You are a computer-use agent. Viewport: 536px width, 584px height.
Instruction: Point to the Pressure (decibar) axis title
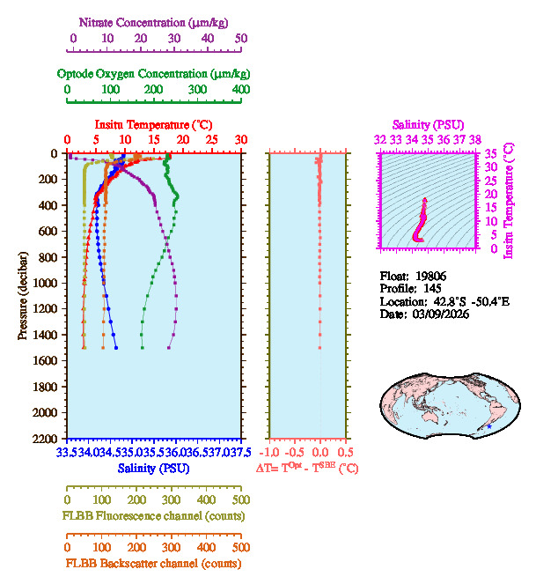(23, 295)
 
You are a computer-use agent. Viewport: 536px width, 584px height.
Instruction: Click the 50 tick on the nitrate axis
(241, 38)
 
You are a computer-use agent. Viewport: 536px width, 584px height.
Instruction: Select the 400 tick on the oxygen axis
(241, 89)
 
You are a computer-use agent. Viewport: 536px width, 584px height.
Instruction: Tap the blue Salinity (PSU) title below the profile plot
(153, 469)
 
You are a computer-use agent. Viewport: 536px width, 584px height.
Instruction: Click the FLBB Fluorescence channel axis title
(153, 515)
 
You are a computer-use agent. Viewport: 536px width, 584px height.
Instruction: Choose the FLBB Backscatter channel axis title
(153, 563)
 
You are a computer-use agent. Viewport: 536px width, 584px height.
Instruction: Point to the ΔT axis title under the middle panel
(307, 469)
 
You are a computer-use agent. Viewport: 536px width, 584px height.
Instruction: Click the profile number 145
(428, 288)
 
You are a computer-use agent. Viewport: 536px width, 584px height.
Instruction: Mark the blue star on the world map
(489, 427)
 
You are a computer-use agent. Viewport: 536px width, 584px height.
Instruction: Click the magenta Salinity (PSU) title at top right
(428, 125)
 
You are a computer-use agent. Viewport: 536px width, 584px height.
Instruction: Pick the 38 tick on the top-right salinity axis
(475, 139)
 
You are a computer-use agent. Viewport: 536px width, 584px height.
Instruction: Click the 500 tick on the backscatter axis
(241, 546)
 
